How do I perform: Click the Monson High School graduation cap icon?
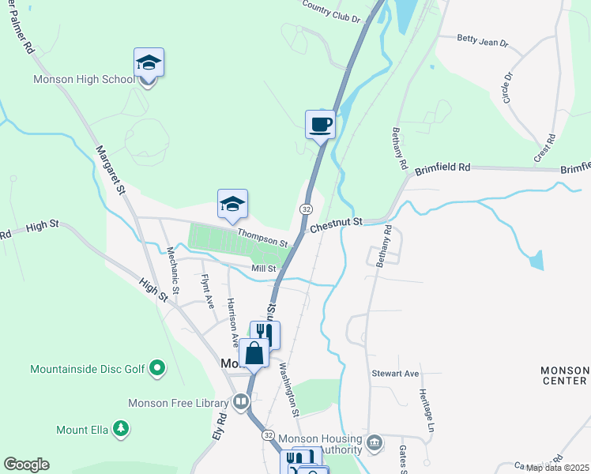(x=149, y=62)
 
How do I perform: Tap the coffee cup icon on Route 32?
(x=320, y=124)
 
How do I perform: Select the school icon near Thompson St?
(x=233, y=204)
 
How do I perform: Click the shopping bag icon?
(x=254, y=352)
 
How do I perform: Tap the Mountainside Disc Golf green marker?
(x=157, y=367)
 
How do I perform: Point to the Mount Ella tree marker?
(x=120, y=429)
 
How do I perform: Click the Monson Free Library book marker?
(x=239, y=403)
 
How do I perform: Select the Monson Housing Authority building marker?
(x=375, y=441)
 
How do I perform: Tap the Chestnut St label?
(x=336, y=226)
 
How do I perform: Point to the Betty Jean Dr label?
(x=483, y=40)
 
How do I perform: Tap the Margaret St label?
(x=111, y=169)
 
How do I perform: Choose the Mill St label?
(x=263, y=269)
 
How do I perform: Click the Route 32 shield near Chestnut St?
(x=306, y=208)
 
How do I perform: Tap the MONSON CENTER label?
(x=564, y=376)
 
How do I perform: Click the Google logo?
(x=26, y=465)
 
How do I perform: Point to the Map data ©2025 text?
(x=557, y=468)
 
